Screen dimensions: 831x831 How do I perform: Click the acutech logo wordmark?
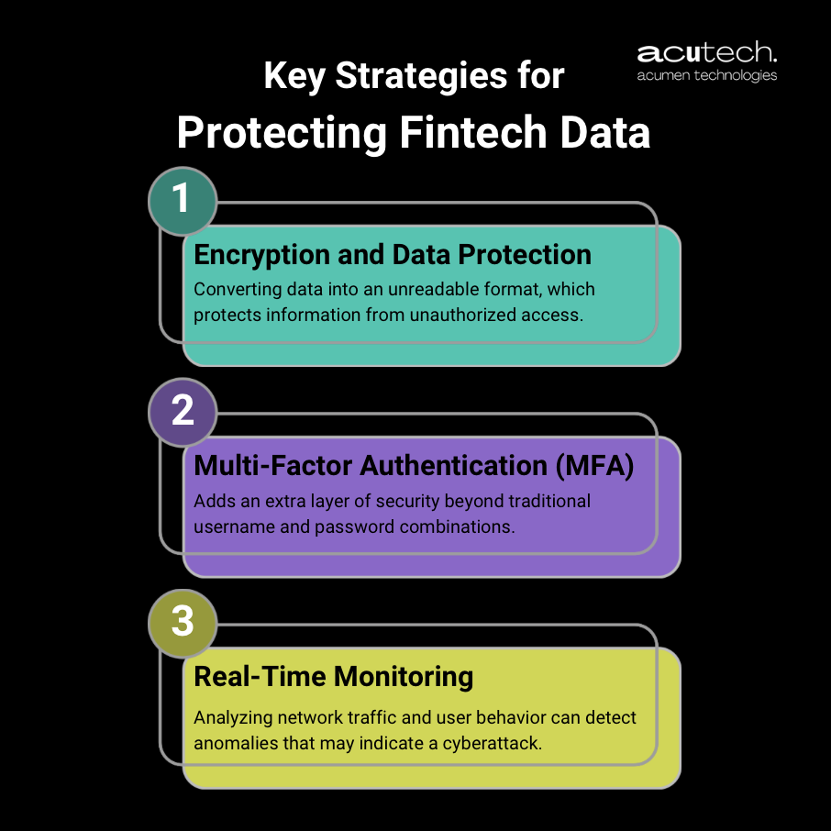(x=707, y=52)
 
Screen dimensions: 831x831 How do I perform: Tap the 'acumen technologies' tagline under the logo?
(x=707, y=75)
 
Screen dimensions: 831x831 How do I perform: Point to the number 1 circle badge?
(x=183, y=199)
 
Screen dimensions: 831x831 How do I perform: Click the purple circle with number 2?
(x=183, y=411)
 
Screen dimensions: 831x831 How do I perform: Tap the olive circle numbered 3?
(x=183, y=622)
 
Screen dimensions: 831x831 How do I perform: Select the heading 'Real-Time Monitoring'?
(x=334, y=677)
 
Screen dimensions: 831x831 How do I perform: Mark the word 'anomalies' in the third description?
(x=229, y=742)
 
